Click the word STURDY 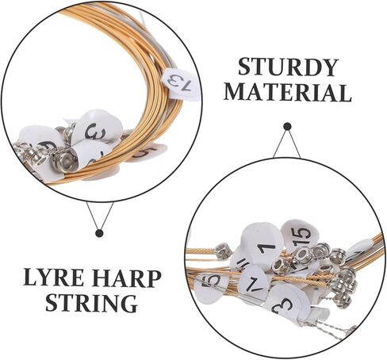pyautogui.click(x=288, y=67)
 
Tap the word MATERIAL pyautogui.click(x=288, y=93)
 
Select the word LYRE pyautogui.click(x=61, y=278)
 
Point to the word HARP pyautogui.click(x=133, y=278)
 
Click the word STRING pyautogui.click(x=91, y=303)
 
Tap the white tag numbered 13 pyautogui.click(x=182, y=85)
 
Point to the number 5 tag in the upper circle pyautogui.click(x=149, y=152)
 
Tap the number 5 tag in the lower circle pyautogui.click(x=209, y=283)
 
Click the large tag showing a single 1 pyautogui.click(x=262, y=243)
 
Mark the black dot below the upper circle pyautogui.click(x=99, y=233)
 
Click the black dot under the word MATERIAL pyautogui.click(x=287, y=127)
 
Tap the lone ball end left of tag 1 pyautogui.click(x=223, y=251)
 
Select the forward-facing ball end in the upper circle pyautogui.click(x=65, y=160)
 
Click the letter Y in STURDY pyautogui.click(x=328, y=67)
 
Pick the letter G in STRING pyautogui.click(x=128, y=303)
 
